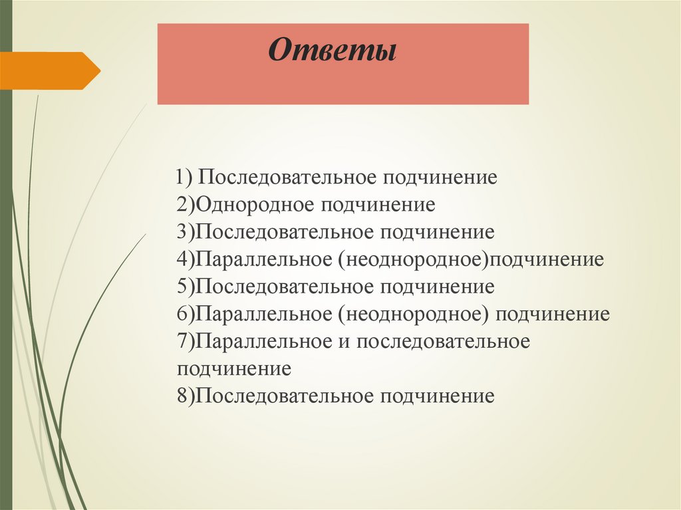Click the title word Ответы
[x=332, y=51]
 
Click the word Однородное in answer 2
[x=254, y=204]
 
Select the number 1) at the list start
[x=184, y=178]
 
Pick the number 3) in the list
[x=186, y=232]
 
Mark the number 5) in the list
[x=186, y=287]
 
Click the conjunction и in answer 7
[x=343, y=341]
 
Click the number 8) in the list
[x=186, y=396]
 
